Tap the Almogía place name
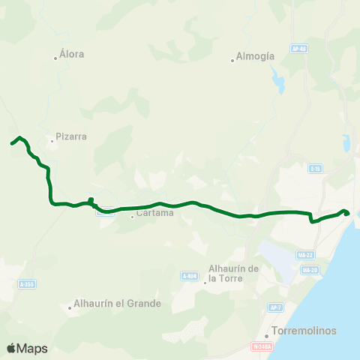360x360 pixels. (255, 55)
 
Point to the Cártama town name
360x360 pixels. (155, 213)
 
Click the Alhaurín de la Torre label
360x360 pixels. (233, 274)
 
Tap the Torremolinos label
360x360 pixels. (305, 331)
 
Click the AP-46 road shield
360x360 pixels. (299, 49)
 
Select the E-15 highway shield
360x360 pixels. (315, 169)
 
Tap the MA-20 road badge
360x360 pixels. (308, 269)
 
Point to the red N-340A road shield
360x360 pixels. (260, 346)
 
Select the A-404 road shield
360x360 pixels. (189, 276)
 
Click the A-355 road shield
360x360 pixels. (27, 284)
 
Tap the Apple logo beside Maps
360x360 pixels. (11, 348)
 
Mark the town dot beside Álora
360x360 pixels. (55, 58)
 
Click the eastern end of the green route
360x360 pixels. (348, 213)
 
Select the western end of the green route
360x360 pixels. (11, 143)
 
